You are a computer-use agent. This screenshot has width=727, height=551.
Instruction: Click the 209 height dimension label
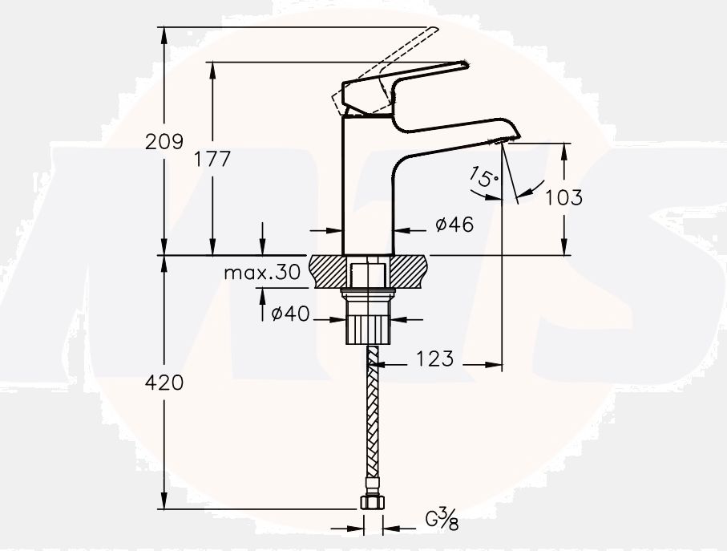[164, 142]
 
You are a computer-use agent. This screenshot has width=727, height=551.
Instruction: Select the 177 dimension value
[212, 159]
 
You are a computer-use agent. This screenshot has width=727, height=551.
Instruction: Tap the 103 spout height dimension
[563, 196]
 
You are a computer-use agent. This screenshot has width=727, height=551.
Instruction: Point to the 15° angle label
[483, 178]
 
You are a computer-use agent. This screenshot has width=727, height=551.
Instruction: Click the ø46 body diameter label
[454, 225]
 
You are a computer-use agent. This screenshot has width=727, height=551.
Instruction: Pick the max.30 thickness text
[261, 273]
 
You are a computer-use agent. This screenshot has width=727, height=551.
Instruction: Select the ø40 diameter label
[290, 315]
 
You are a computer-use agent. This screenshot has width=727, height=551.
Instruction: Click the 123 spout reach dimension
[434, 359]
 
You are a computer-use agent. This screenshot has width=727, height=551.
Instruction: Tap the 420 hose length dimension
[164, 383]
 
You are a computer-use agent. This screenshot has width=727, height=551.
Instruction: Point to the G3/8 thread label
[442, 519]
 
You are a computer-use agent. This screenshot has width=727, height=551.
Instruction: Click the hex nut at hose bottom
[370, 502]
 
